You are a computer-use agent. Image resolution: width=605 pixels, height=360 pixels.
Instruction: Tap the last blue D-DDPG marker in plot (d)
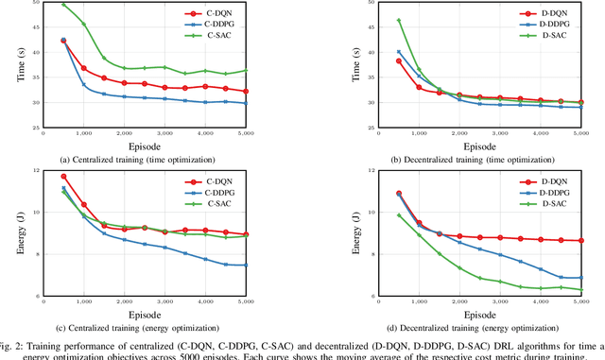point(579,278)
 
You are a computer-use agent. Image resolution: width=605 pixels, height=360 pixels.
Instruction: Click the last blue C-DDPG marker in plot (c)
point(277,266)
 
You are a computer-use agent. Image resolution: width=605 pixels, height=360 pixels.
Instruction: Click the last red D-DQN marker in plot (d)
point(579,241)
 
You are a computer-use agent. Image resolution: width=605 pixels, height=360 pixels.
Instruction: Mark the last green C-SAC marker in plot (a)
point(277,70)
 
